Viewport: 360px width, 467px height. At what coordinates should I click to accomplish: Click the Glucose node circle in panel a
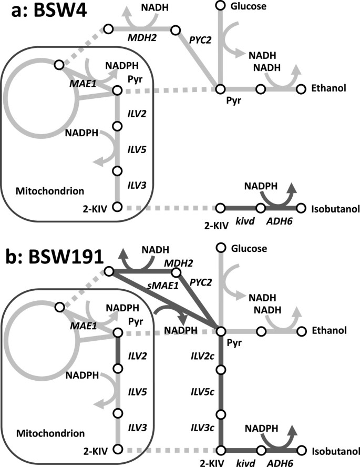coord(220,6)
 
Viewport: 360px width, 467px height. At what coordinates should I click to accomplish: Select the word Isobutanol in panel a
coord(333,209)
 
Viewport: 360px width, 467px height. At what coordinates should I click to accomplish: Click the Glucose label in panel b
coord(249,248)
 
